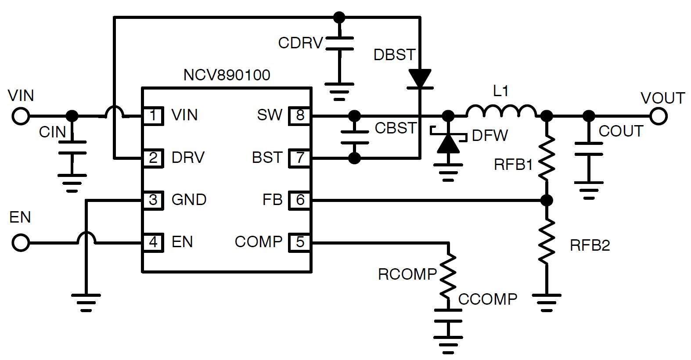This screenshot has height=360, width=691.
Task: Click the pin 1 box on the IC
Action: (153, 116)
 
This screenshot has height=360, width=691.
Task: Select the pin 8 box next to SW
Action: (299, 116)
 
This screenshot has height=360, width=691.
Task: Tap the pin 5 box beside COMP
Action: (299, 242)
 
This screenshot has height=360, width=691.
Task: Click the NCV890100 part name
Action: (227, 75)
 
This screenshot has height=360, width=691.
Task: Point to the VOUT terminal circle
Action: (659, 116)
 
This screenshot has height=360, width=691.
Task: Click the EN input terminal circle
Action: (21, 242)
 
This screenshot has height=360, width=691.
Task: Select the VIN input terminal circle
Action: (21, 116)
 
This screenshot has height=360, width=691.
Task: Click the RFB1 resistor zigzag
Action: (547, 158)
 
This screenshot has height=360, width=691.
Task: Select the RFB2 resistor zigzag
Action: (547, 242)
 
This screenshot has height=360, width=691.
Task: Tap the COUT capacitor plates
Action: (588, 149)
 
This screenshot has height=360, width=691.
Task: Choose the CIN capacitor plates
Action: (72, 148)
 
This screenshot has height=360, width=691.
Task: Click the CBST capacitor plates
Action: (354, 137)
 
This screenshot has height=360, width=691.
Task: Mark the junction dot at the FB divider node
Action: (547, 201)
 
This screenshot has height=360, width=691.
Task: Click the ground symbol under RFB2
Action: (547, 300)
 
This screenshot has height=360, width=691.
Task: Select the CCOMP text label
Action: (488, 299)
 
